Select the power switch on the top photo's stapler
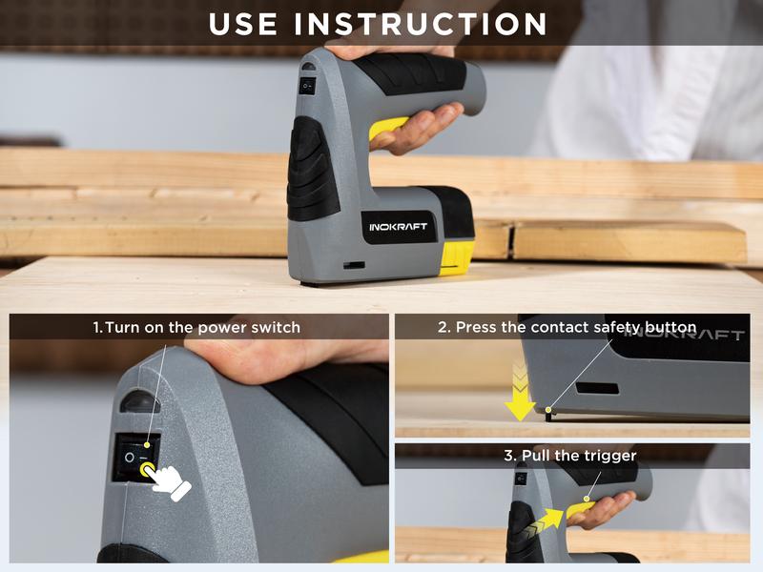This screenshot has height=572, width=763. (x=307, y=86)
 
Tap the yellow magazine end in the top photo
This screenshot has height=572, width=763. (x=457, y=256)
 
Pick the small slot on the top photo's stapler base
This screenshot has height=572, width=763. (x=354, y=264)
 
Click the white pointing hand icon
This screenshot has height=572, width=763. (x=170, y=481)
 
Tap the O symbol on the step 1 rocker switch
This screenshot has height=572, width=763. (x=129, y=458)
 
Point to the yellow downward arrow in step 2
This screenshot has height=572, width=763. (x=520, y=394)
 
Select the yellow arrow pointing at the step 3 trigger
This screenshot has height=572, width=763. (x=548, y=521)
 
